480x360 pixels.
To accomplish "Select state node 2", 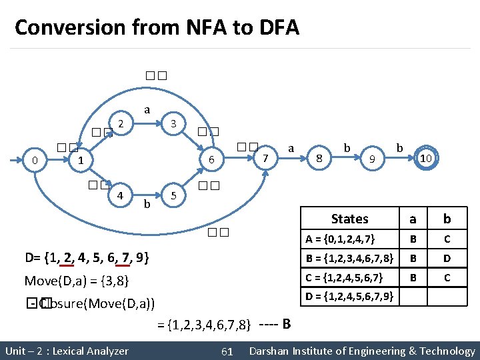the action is pyautogui.click(x=121, y=123).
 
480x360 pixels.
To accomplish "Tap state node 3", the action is pyautogui.click(x=173, y=123).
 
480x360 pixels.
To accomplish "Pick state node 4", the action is pyautogui.click(x=120, y=196).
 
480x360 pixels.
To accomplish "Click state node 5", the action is pyautogui.click(x=173, y=196).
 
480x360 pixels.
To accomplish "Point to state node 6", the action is pyautogui.click(x=211, y=160).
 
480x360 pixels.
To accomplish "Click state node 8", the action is pyautogui.click(x=320, y=159).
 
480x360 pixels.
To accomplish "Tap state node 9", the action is pyautogui.click(x=373, y=159).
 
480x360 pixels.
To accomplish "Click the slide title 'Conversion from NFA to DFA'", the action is pyautogui.click(x=157, y=28).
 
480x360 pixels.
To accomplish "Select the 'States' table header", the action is pyautogui.click(x=349, y=219).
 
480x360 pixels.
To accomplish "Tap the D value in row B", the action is pyautogui.click(x=447, y=258).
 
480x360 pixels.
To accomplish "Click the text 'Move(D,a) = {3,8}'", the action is pyautogui.click(x=77, y=280).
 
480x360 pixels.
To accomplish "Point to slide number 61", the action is pyautogui.click(x=227, y=351).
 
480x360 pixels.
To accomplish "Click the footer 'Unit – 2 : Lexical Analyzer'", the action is pyautogui.click(x=67, y=351).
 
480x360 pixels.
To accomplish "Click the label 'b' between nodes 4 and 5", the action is pyautogui.click(x=147, y=204).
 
